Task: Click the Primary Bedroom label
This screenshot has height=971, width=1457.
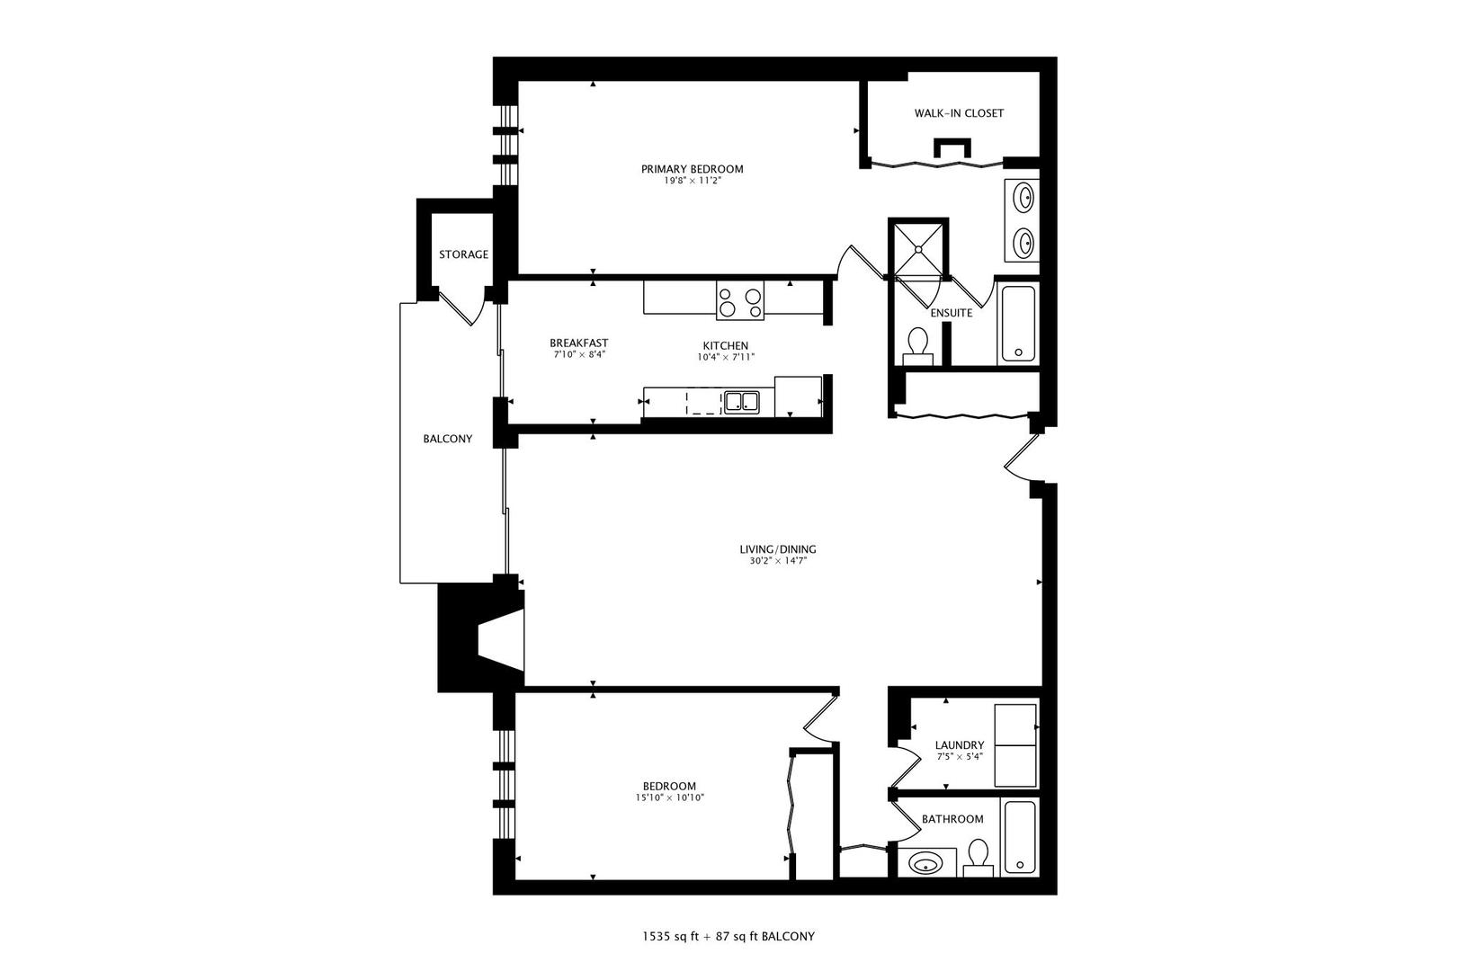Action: pos(693,169)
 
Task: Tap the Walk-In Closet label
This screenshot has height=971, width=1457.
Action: pos(959,113)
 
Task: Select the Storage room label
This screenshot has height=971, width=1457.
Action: pos(463,254)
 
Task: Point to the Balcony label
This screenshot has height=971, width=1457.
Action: pos(448,439)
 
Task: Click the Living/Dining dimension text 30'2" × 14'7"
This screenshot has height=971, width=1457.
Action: pos(778,561)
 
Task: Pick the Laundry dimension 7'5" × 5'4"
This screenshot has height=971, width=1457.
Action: pos(960,756)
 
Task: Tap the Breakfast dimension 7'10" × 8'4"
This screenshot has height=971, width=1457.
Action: pos(579,354)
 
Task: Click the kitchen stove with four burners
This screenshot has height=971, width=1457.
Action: pos(740,299)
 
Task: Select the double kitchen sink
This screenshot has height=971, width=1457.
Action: pos(741,402)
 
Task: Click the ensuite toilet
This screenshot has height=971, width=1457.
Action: pos(917,345)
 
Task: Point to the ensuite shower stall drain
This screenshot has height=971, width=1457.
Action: pos(918,248)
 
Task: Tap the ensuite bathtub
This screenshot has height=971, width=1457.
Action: pos(1018,324)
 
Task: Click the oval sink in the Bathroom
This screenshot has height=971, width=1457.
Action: pos(925,864)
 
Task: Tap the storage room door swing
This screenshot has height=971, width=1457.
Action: pos(463,309)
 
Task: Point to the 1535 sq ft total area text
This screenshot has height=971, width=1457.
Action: pos(670,937)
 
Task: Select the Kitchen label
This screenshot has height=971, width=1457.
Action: pos(725,346)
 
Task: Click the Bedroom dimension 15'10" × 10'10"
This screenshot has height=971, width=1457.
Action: pos(670,797)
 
